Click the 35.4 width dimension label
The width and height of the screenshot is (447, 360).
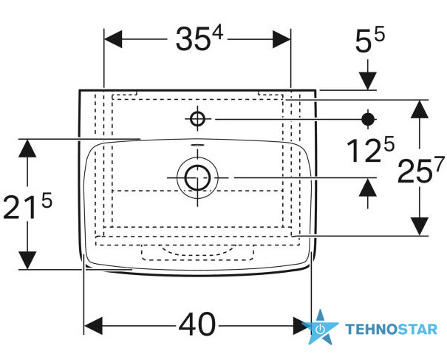click(x=199, y=38)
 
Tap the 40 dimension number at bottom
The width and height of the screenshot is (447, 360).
click(x=197, y=325)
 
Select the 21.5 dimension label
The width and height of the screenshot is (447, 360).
click(x=27, y=206)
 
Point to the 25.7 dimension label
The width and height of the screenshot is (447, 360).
click(x=421, y=170)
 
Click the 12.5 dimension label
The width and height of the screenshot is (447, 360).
click(x=371, y=149)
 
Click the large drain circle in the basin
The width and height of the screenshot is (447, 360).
click(x=197, y=177)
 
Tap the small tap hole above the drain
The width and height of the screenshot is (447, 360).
click(x=197, y=118)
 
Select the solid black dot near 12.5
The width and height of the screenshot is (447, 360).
click(x=368, y=119)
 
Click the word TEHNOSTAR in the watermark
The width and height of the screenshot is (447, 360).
click(x=391, y=329)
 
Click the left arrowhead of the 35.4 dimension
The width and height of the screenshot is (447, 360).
click(x=113, y=39)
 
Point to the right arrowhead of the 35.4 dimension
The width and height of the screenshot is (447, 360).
click(x=281, y=39)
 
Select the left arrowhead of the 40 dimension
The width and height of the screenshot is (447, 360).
click(x=94, y=325)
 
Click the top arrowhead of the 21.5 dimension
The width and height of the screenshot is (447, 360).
click(x=27, y=149)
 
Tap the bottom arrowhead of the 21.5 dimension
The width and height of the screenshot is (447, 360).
click(x=27, y=260)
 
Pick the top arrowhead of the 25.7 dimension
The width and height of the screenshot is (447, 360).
click(x=420, y=109)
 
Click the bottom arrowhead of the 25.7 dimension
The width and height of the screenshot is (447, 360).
click(x=420, y=226)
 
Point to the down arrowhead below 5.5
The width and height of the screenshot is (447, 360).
click(x=368, y=81)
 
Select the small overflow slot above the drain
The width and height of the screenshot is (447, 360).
click(x=197, y=145)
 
